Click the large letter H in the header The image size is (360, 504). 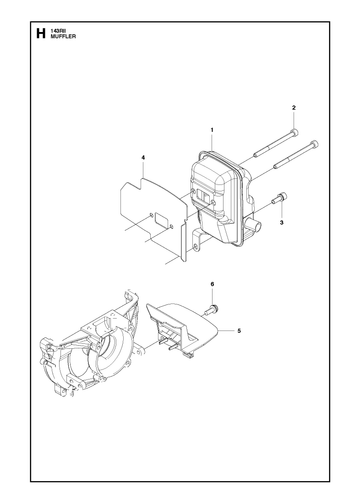pos(40,34)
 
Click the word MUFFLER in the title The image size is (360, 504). pos(63,37)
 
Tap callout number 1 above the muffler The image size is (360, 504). pos(212,130)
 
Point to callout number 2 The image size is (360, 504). pos(294,108)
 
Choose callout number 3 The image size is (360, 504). pos(282,222)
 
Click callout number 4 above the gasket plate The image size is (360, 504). pos(143,157)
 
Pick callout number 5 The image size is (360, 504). pos(239,331)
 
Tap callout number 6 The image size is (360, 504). pos(212,284)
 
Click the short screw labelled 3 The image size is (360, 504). pos(279,198)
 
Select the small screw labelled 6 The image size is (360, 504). pos(211,308)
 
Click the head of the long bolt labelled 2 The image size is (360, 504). pos(294,133)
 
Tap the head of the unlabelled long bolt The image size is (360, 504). pos(314,144)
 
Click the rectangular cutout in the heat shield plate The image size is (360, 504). pos(161,220)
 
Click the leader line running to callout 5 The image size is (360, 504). pos(227,331)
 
